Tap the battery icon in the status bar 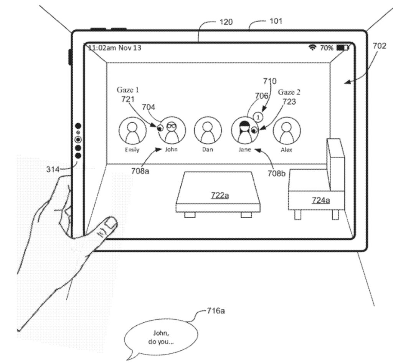[342, 48]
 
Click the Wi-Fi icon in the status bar [313, 48]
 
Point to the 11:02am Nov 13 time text [115, 48]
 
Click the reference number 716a [215, 311]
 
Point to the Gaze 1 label [128, 90]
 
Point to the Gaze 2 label [289, 92]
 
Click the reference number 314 [53, 169]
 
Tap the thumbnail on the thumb [111, 223]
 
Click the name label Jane [244, 150]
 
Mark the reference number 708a [140, 171]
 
